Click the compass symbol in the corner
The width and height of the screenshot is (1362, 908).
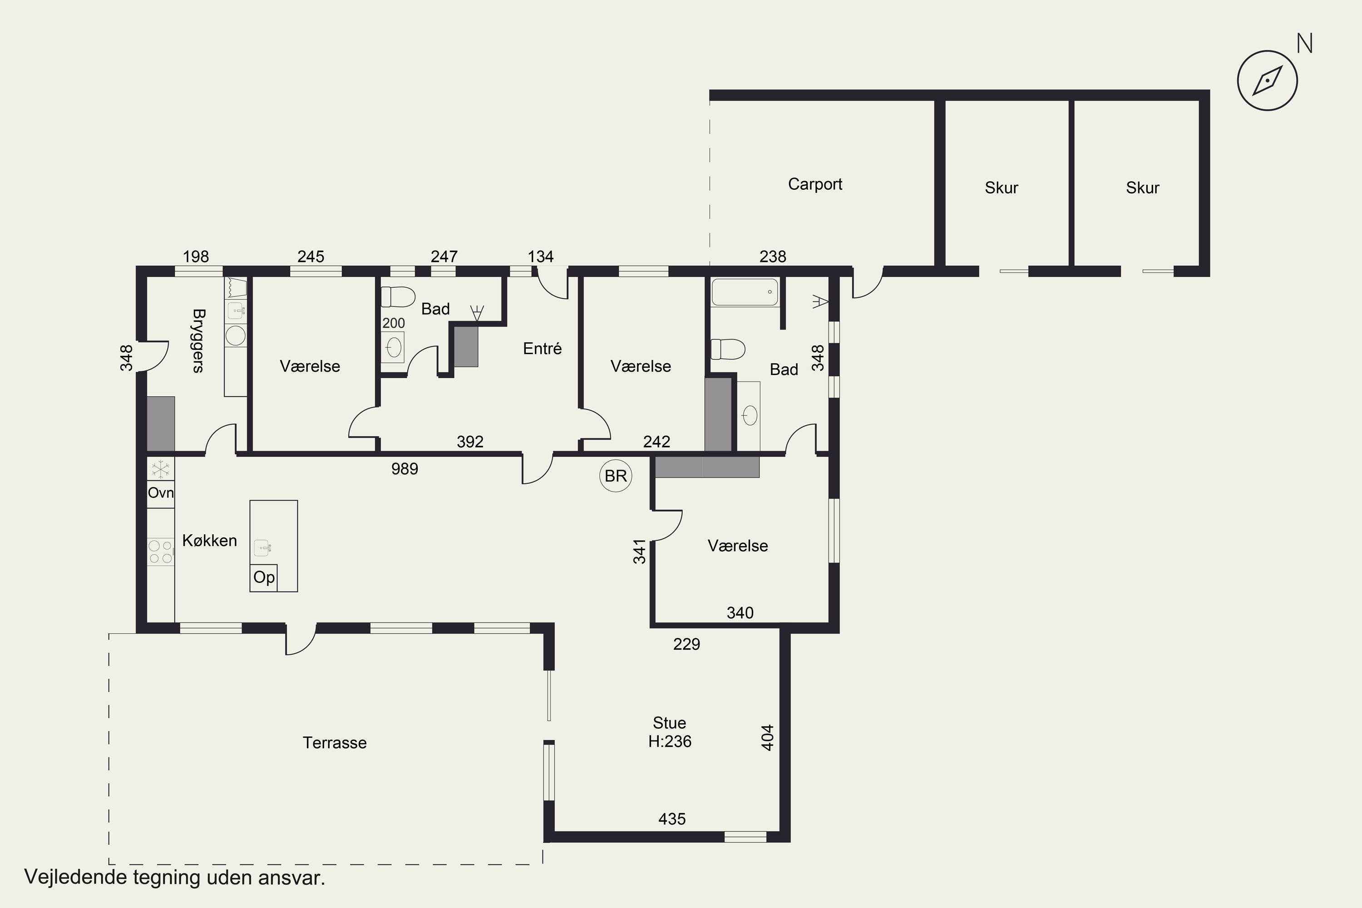[x=1267, y=80]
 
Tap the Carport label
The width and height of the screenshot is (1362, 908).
[x=815, y=184]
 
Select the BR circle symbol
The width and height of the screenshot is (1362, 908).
[x=616, y=475]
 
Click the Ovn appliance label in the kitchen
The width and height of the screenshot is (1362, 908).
[x=160, y=493]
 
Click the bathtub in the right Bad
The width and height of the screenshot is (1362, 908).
[x=745, y=292]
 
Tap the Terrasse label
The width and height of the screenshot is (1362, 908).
[x=335, y=743]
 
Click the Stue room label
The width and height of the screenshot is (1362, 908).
[x=669, y=723]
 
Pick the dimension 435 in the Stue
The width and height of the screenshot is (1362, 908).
[x=672, y=819]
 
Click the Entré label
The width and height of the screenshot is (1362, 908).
[x=542, y=348]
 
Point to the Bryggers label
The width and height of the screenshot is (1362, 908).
[x=198, y=340]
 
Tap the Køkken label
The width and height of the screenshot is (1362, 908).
[x=210, y=540]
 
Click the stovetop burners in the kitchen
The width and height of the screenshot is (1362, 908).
[x=160, y=552]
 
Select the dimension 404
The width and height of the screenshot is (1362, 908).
[x=767, y=738]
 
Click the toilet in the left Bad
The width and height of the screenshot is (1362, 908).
[x=398, y=296]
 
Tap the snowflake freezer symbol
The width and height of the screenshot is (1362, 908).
[x=160, y=469]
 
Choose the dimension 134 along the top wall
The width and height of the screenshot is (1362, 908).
[x=540, y=257]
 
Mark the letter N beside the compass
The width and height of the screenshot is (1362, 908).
[x=1304, y=44]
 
